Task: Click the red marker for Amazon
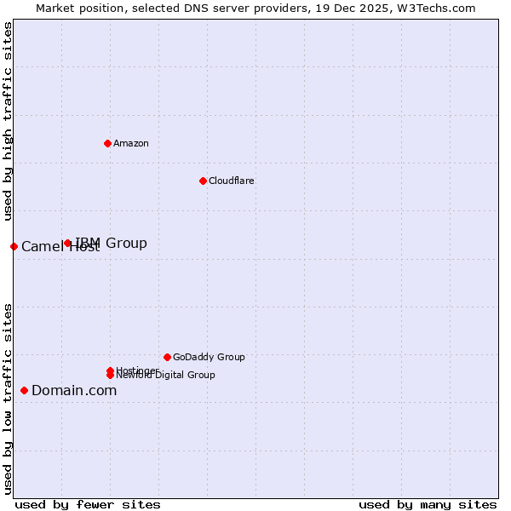click(x=107, y=143)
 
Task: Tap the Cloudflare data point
click(x=203, y=181)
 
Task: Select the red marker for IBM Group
click(x=68, y=244)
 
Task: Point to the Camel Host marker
click(x=14, y=246)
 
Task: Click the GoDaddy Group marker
click(x=167, y=357)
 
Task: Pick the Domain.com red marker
click(x=24, y=390)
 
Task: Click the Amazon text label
click(x=131, y=143)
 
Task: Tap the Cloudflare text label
click(x=232, y=181)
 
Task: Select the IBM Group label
click(x=112, y=244)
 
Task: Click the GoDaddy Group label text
click(x=209, y=357)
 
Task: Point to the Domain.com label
click(x=74, y=390)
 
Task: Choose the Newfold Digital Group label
click(x=166, y=376)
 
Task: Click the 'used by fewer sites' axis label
click(x=88, y=504)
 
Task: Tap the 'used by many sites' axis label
click(x=428, y=504)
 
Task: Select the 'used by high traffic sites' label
click(x=9, y=122)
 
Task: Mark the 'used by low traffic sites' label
click(x=9, y=398)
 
